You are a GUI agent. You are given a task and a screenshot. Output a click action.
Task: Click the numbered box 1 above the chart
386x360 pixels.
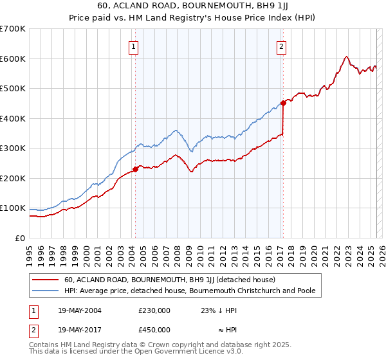133,46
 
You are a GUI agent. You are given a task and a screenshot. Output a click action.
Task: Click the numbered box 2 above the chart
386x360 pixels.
282,46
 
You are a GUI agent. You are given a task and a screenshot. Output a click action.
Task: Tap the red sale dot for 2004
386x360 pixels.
136,170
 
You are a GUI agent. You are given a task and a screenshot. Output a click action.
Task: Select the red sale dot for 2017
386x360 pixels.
283,103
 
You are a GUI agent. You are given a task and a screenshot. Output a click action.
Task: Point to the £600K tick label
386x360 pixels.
13,59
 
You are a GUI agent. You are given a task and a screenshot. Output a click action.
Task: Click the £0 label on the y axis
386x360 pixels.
21,238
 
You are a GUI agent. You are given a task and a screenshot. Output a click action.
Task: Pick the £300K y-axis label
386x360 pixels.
13,148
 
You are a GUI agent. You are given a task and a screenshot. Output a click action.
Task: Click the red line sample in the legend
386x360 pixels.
44,280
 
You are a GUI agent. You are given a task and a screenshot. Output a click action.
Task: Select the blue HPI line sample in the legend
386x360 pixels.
44,291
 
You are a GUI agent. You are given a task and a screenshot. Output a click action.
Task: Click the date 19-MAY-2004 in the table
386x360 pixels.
78,310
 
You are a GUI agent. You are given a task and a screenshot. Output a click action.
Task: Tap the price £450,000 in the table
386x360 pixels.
154,330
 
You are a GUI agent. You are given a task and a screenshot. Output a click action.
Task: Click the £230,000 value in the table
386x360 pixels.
154,310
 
